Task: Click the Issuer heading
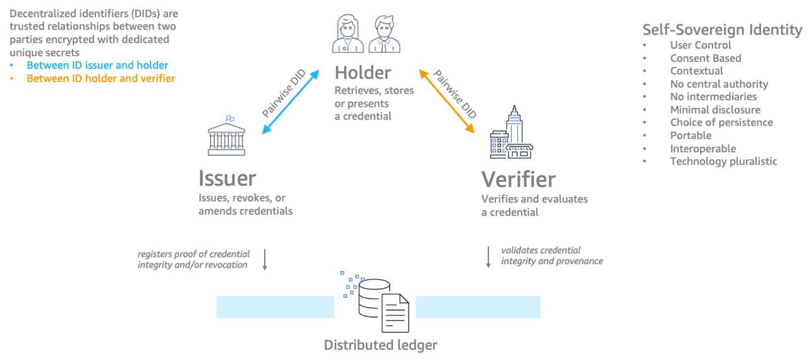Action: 227,179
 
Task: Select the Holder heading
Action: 363,72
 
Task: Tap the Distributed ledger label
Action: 380,345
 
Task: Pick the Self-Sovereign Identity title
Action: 722,29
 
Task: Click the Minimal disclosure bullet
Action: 715,110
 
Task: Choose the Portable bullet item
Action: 690,135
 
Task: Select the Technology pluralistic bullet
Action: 723,161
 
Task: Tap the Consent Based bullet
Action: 706,58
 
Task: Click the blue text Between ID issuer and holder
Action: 97,65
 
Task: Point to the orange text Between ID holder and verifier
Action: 100,78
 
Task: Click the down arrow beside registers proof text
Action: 265,260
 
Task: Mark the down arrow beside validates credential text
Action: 488,256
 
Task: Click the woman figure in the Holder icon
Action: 347,34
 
